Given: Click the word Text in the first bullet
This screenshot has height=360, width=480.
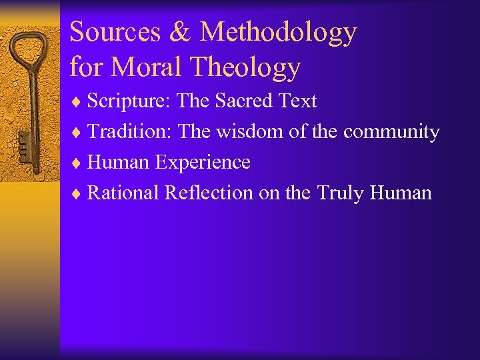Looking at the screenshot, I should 297,101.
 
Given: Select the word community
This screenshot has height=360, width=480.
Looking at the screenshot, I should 391,132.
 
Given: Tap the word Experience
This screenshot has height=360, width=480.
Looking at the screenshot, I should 203,163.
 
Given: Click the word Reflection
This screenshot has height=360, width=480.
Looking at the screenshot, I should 209,193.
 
